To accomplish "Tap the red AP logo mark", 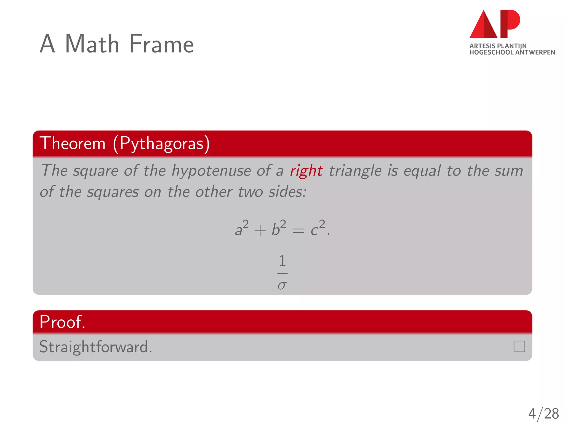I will (x=495, y=24).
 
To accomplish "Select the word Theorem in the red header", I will (x=73, y=143).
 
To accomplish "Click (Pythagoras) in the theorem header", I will (x=161, y=144).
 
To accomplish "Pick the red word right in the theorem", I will (x=306, y=171).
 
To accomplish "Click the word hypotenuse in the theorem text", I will (x=211, y=171).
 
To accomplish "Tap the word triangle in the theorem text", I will (x=355, y=171).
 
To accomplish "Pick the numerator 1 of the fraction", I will (x=282, y=261).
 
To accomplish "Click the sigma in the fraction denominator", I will (x=282, y=285).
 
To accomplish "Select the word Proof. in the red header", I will (x=62, y=322).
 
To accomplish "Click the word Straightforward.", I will (x=96, y=347).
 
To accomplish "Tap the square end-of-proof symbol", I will (x=519, y=346).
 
